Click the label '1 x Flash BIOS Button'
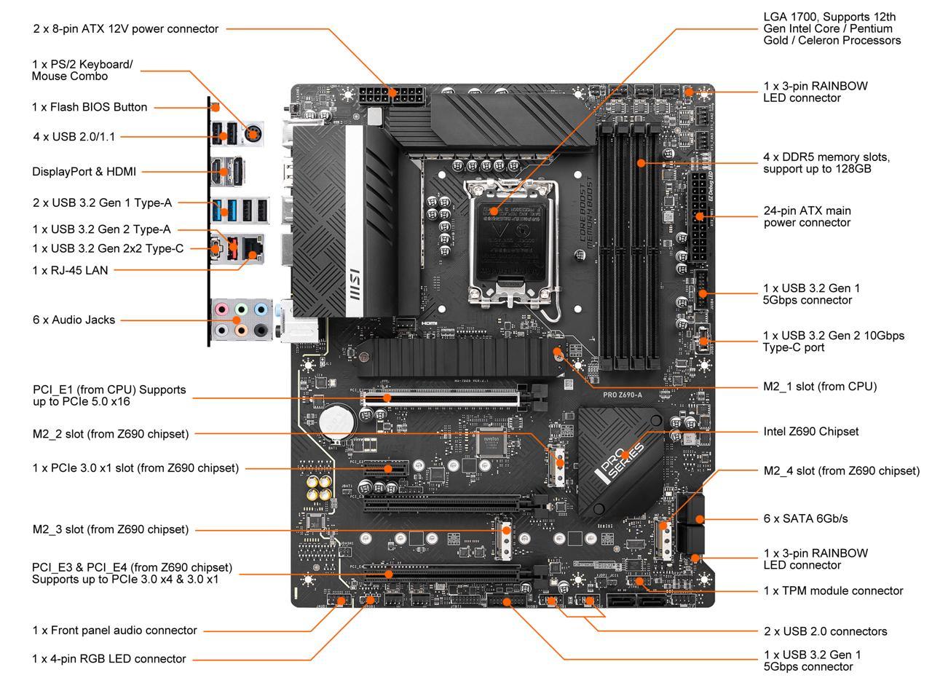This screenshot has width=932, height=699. [x=90, y=107]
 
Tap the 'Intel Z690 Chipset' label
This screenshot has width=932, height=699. [x=810, y=431]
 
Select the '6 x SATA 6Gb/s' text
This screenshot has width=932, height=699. [x=805, y=518]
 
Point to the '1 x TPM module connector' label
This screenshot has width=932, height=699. [x=833, y=591]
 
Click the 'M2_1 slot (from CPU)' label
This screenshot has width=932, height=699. [x=819, y=386]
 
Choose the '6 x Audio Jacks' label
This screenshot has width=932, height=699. [x=74, y=320]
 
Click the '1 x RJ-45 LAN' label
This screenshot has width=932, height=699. [x=70, y=270]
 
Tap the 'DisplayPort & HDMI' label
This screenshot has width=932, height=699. [x=84, y=172]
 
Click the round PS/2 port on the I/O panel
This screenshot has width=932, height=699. [x=253, y=133]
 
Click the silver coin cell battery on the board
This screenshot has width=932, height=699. [x=338, y=422]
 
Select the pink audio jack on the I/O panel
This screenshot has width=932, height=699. [x=222, y=309]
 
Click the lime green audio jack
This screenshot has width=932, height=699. [x=242, y=309]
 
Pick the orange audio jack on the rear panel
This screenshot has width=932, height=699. [x=242, y=331]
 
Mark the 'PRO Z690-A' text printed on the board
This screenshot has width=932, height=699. [x=622, y=395]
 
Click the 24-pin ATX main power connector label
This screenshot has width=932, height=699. [x=807, y=216]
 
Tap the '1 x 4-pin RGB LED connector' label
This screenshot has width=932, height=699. [x=109, y=659]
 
